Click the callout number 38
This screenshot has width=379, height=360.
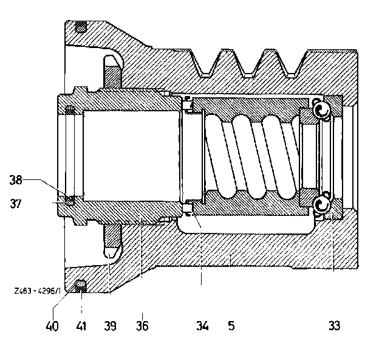point(16,180)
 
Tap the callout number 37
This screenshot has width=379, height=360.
point(16,204)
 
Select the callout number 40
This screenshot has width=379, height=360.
point(52,326)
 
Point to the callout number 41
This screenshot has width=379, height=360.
point(81,326)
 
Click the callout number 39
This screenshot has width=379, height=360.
point(110,326)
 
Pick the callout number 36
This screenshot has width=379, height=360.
point(142,326)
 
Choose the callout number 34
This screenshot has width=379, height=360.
point(202,326)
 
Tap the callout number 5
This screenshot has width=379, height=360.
point(231,326)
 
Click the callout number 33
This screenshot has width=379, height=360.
point(334,326)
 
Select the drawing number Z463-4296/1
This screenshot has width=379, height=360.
point(38,291)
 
